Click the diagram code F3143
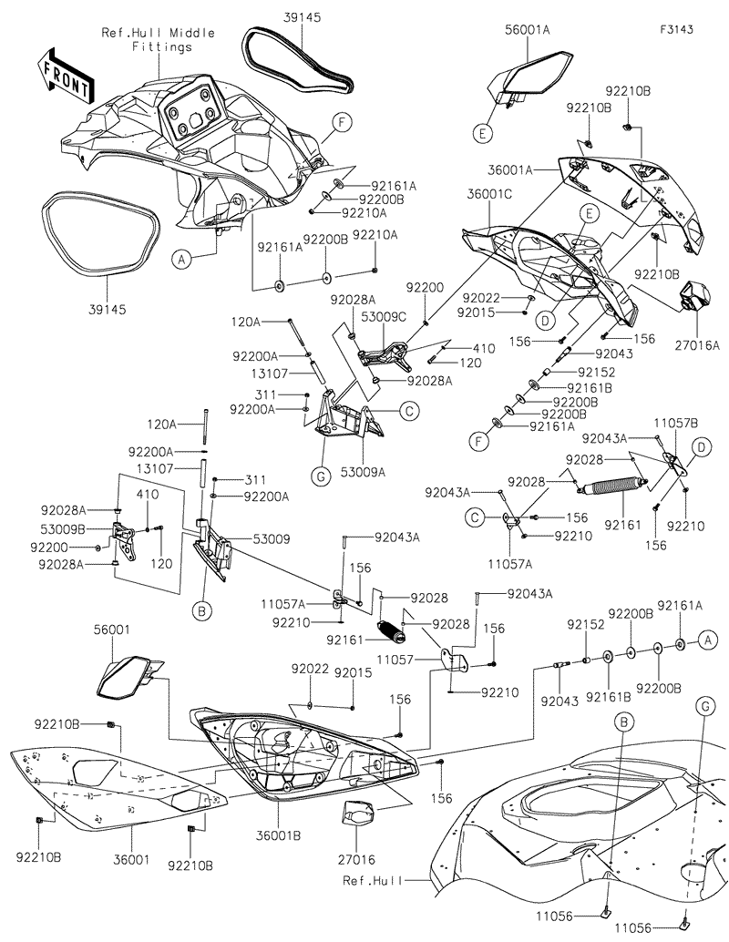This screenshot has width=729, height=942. [677, 29]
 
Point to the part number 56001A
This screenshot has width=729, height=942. [528, 29]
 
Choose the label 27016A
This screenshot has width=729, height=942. [697, 345]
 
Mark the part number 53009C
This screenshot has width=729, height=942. [384, 315]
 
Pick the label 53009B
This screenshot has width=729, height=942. [61, 528]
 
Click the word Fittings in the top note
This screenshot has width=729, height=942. [161, 46]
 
